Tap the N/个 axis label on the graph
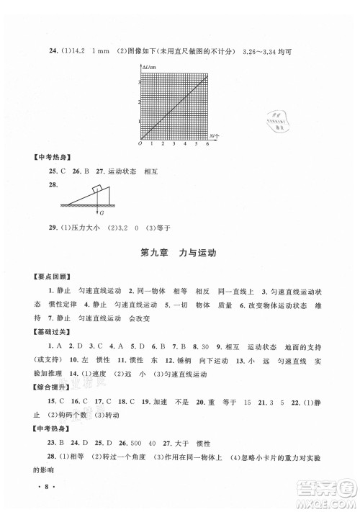coord(215,136)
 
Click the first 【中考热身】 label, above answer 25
coord(42,158)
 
